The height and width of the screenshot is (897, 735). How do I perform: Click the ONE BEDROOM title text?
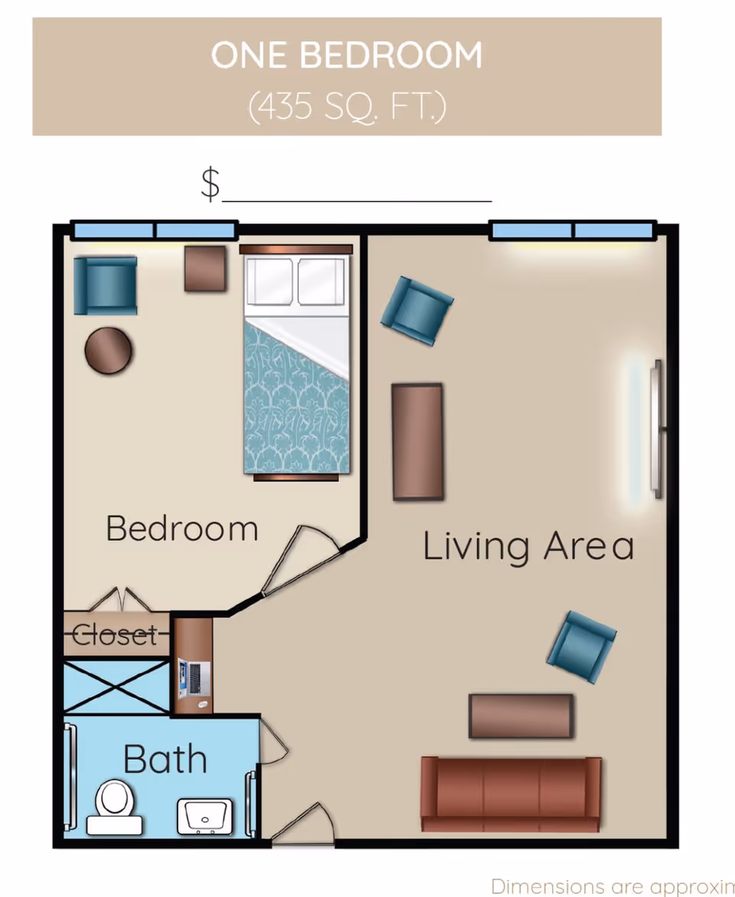coord(347,55)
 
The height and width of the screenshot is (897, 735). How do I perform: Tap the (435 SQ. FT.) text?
coord(347,106)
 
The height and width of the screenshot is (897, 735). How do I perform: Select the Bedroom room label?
coord(182,529)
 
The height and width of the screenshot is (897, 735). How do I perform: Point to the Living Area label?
coord(528,547)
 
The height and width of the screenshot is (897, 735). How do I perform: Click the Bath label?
coord(165,759)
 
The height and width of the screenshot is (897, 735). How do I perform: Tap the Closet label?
coord(115,635)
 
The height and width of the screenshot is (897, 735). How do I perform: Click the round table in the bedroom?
coord(109,351)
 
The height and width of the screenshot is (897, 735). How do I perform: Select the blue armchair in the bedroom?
coord(106,285)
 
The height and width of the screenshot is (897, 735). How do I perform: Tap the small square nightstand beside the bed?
coord(205,268)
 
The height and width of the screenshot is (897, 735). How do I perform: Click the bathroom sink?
coord(204,817)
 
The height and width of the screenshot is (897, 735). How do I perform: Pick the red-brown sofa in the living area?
coord(511,794)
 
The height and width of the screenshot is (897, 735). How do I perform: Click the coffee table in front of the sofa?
coord(521,716)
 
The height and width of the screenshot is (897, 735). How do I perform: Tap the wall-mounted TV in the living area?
coord(655,429)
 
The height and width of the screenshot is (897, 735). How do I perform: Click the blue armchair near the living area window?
coord(416,309)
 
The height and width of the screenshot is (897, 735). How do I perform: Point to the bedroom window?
coord(154,230)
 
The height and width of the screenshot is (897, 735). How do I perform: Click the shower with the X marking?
coord(116,687)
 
